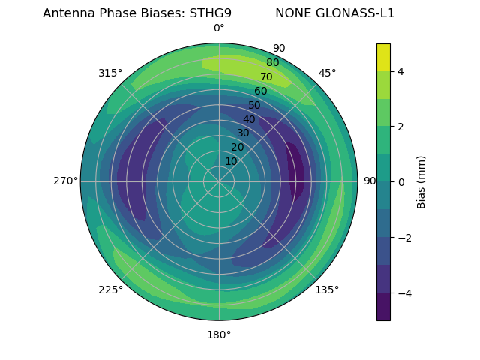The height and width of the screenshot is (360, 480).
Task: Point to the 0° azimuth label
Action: (x=219, y=28)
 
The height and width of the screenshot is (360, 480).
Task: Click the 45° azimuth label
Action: (x=328, y=73)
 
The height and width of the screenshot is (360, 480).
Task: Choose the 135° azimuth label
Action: (x=327, y=289)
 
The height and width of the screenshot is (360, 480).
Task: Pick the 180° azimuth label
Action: (x=219, y=334)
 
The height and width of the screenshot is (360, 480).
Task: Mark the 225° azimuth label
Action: (x=110, y=290)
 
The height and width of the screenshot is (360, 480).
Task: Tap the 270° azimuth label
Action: (x=65, y=181)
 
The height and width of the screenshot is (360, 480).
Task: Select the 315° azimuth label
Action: (x=110, y=73)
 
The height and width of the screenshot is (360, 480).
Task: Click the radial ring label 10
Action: (x=231, y=161)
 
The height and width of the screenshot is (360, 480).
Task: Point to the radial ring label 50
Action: (x=255, y=105)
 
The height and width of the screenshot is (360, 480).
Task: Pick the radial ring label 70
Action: (x=266, y=76)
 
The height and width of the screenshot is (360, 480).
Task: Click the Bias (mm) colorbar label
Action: (x=421, y=181)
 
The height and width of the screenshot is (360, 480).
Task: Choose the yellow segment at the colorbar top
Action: (x=383, y=57)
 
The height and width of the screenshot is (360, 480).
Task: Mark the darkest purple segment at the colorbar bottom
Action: (x=383, y=307)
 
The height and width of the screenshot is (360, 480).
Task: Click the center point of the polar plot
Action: (x=219, y=181)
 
